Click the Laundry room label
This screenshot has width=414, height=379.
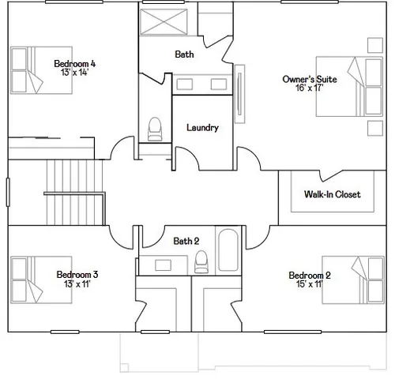tap(202, 128)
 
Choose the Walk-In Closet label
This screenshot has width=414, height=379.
tap(332, 194)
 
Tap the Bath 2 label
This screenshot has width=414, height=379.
tap(186, 241)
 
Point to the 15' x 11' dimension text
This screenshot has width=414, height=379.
tap(309, 284)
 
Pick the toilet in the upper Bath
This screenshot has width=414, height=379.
tap(155, 128)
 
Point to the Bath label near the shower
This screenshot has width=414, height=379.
tap(185, 54)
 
